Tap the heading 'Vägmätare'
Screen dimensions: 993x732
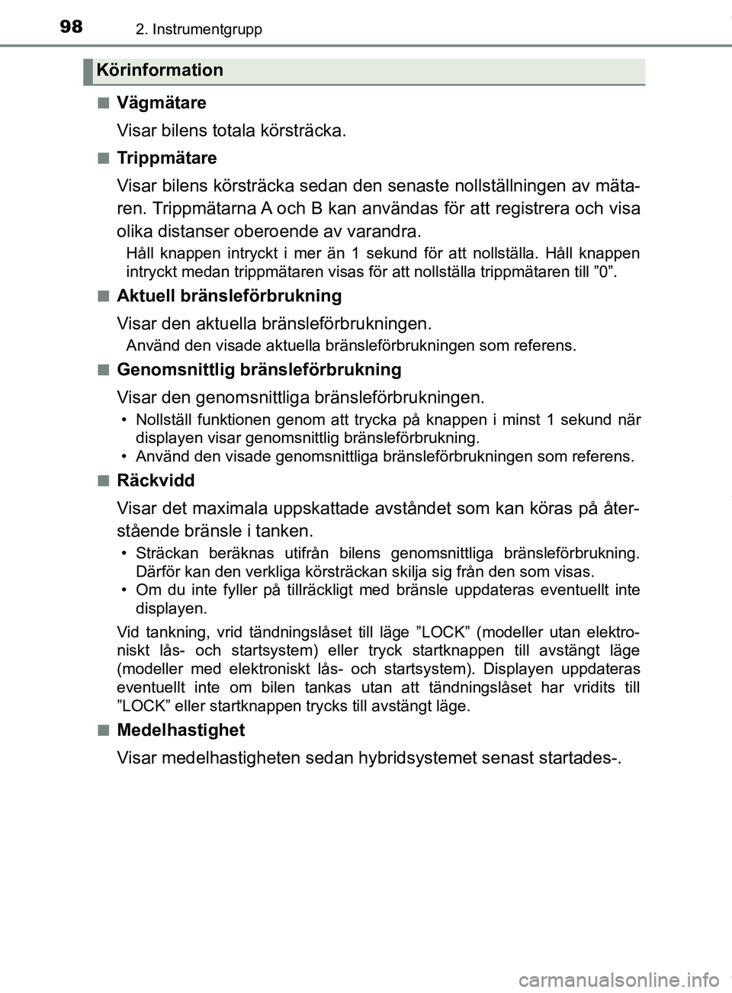click(x=161, y=102)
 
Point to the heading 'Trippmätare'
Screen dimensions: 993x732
click(x=166, y=158)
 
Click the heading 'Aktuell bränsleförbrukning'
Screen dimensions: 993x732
click(x=229, y=296)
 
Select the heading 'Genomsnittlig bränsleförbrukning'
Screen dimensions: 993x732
click(x=258, y=370)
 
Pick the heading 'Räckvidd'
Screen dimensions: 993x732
click(x=155, y=480)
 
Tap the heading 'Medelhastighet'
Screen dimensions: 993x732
click(x=180, y=730)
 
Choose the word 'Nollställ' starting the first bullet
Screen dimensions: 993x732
click(x=165, y=420)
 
